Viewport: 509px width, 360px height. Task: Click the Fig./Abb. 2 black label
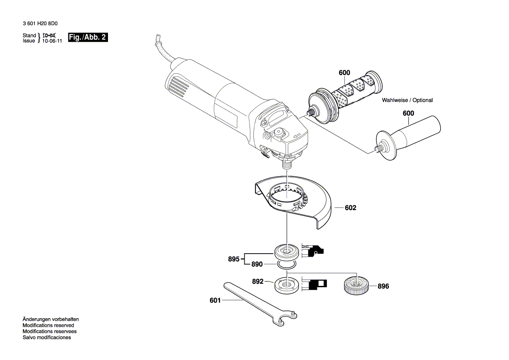click(x=88, y=37)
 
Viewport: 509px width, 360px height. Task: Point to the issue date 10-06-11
click(x=52, y=41)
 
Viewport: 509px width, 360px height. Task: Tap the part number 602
click(x=350, y=208)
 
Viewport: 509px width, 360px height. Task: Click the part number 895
click(x=234, y=259)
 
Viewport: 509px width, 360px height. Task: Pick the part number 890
click(x=256, y=265)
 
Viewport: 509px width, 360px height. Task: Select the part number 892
click(x=258, y=282)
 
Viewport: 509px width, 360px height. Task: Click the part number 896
click(x=383, y=286)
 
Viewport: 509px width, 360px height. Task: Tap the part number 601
click(x=215, y=300)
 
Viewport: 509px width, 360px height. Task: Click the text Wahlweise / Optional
click(x=407, y=100)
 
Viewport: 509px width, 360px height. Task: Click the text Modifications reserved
click(x=48, y=325)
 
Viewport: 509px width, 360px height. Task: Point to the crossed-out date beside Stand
click(x=49, y=35)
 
